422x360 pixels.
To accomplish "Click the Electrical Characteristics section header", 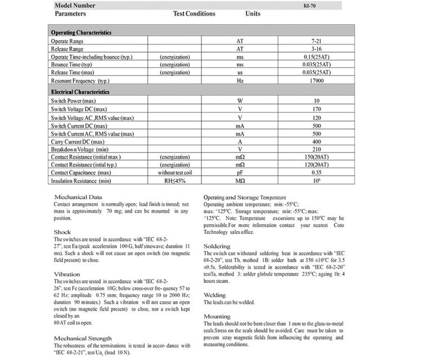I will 80,92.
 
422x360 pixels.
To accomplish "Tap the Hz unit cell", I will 240,81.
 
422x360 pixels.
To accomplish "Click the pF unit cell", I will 240,173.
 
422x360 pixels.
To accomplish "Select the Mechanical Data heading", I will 78,197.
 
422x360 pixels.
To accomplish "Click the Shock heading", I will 62,232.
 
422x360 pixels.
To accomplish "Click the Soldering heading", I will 217,246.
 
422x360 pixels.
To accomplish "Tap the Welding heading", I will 214,295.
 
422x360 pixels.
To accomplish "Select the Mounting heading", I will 217,317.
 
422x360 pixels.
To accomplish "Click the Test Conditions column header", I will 194,13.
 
